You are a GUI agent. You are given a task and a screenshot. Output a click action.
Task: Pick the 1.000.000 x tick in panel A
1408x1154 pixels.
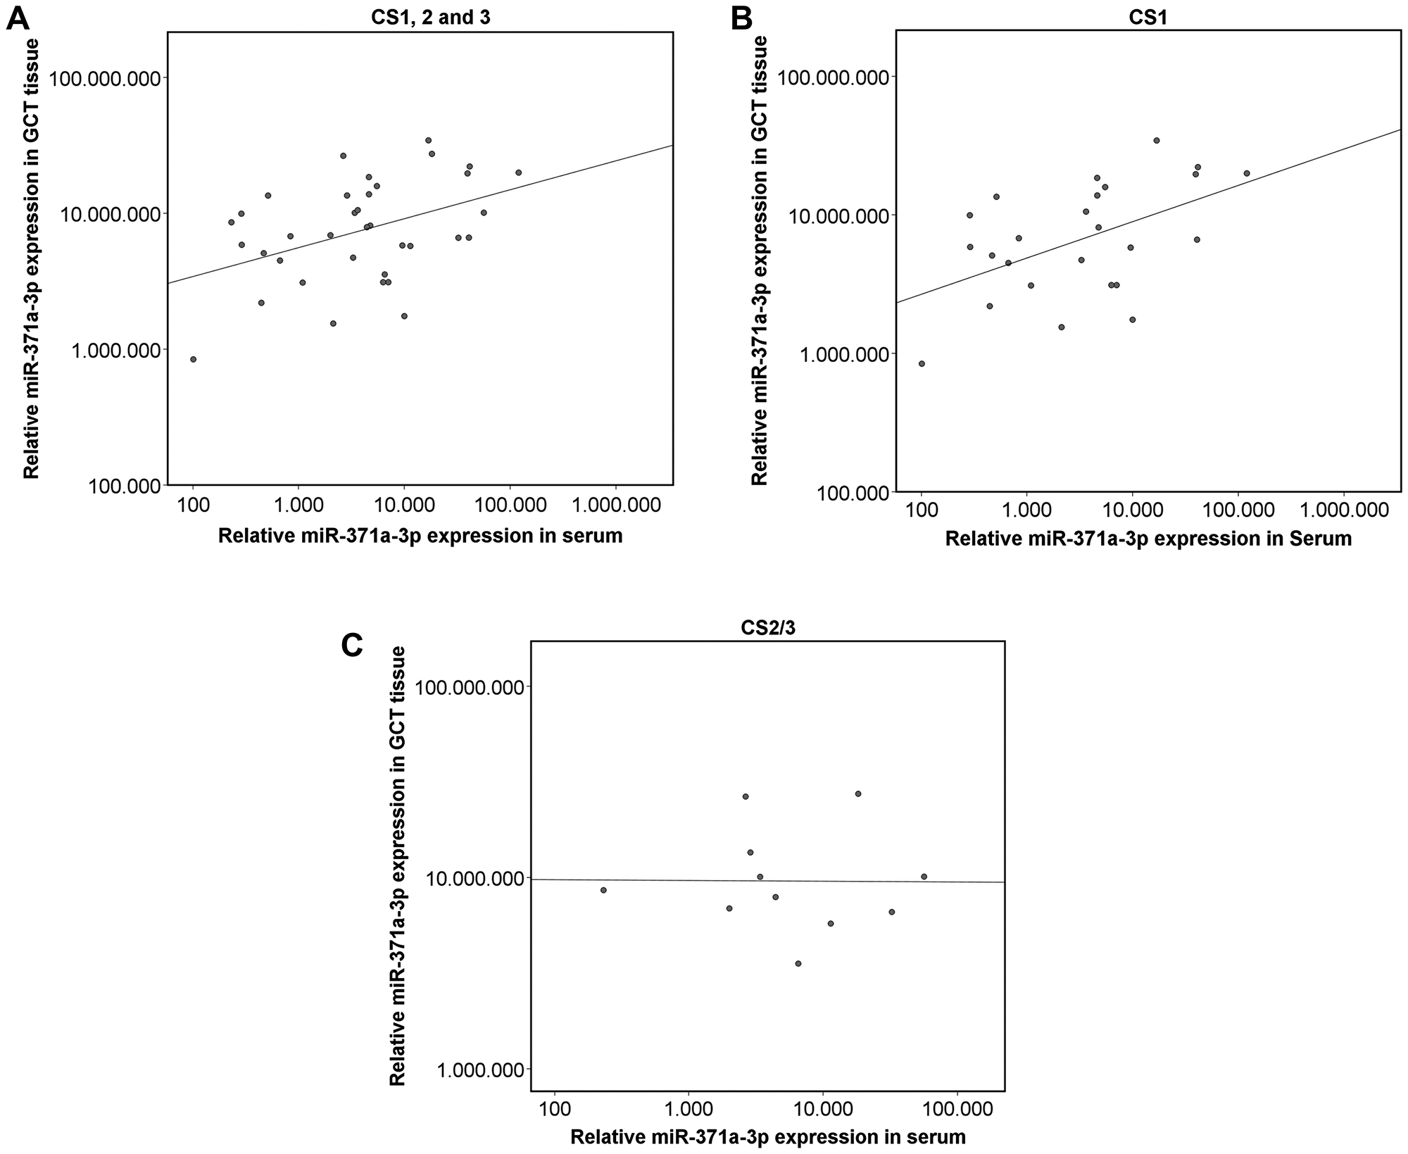(616, 507)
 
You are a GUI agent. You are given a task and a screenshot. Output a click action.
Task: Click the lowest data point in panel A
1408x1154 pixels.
(193, 359)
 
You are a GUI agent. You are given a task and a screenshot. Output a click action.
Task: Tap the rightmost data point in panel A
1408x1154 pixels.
(519, 173)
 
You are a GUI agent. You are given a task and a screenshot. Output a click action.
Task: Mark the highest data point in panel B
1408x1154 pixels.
(1156, 140)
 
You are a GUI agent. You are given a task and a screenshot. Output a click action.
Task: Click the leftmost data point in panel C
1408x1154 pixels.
(603, 890)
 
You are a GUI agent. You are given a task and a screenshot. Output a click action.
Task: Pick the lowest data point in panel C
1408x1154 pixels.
(798, 963)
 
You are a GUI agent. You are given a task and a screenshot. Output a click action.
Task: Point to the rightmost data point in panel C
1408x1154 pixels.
(924, 877)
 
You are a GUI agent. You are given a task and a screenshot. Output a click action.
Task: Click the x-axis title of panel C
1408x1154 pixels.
(767, 1137)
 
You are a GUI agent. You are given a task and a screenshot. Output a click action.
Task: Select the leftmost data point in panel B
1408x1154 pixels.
(922, 363)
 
